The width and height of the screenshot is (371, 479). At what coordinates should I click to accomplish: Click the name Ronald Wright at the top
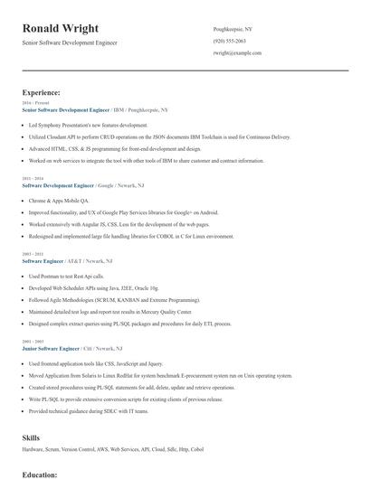tap(62, 29)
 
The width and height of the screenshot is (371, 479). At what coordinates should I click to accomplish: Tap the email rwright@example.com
tap(237, 53)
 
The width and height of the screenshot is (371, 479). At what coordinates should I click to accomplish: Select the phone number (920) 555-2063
tap(230, 42)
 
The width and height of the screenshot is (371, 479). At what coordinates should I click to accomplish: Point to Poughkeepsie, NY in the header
tap(233, 29)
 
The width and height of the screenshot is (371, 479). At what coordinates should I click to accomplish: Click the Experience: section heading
tap(42, 92)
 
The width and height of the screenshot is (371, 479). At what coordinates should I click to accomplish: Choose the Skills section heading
tap(31, 437)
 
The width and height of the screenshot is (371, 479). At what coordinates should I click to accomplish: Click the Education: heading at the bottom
tap(40, 474)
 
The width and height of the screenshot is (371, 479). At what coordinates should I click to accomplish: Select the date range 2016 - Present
tap(35, 103)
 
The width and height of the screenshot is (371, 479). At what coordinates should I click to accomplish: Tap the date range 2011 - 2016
tap(32, 179)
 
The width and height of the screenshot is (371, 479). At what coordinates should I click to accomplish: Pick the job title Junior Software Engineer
tap(52, 347)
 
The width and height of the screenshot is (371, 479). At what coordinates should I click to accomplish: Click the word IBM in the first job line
tap(119, 109)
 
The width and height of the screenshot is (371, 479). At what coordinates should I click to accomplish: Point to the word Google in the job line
tap(105, 185)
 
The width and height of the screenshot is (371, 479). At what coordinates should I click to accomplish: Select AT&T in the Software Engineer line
tap(74, 261)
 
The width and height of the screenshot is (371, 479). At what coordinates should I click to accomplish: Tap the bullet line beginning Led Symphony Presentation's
tap(88, 125)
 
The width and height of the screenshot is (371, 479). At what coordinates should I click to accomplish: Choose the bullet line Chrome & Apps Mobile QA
tap(61, 200)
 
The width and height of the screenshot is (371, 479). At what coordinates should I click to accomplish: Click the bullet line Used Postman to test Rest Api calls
tap(72, 276)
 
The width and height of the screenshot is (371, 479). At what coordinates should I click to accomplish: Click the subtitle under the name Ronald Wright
tap(70, 42)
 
